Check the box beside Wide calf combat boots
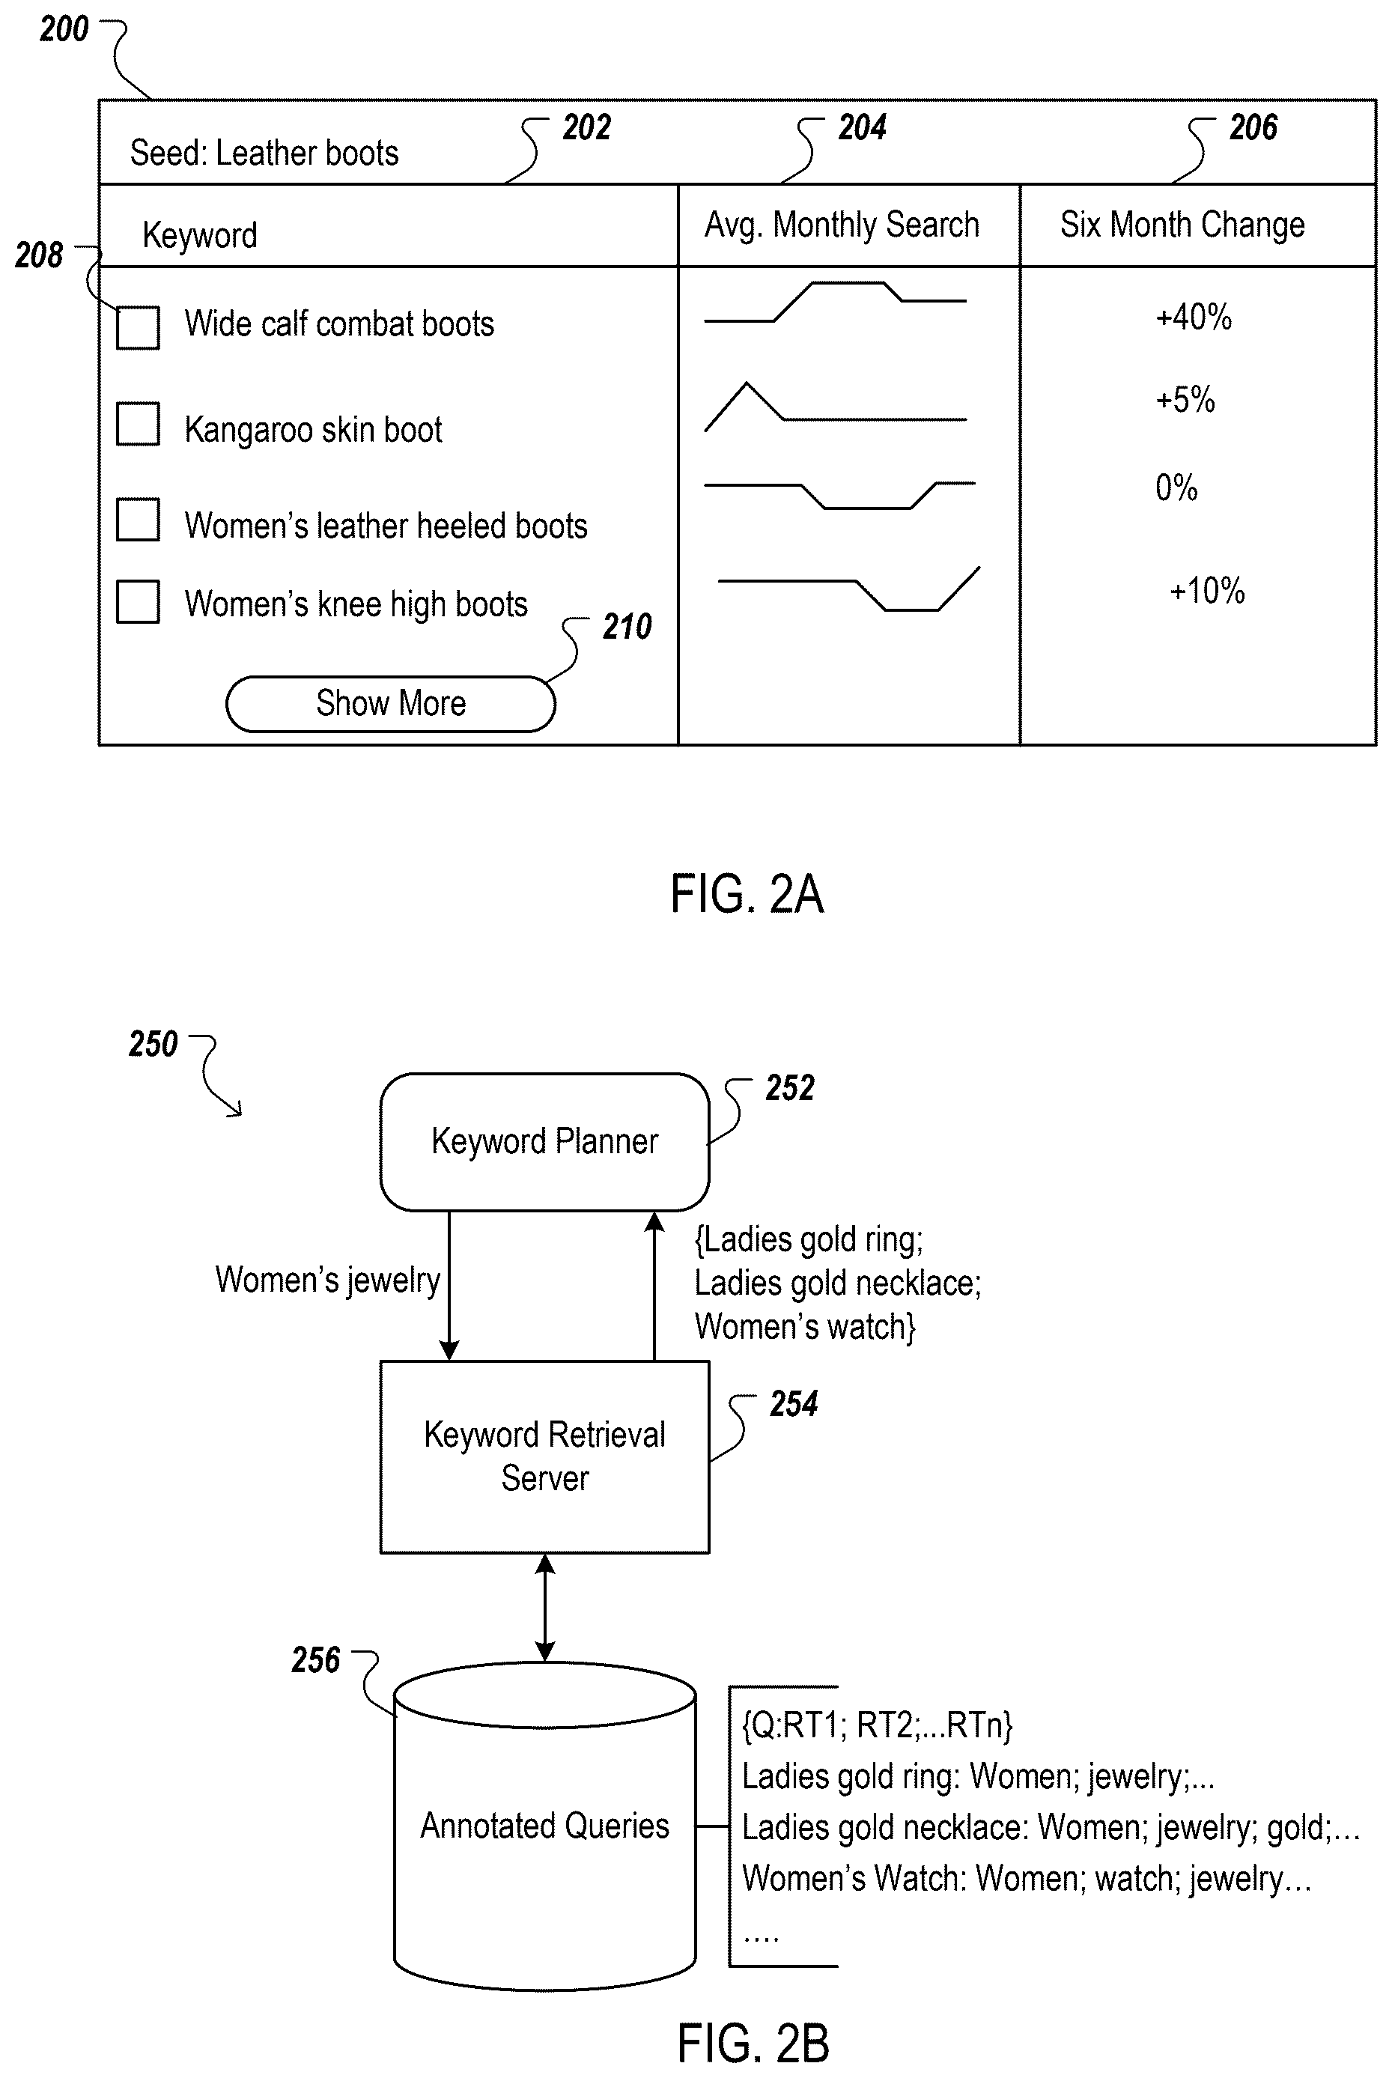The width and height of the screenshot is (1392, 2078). pyautogui.click(x=138, y=327)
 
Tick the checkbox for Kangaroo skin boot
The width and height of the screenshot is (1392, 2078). pyautogui.click(x=138, y=423)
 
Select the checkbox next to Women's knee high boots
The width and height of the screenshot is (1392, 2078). pyautogui.click(x=138, y=602)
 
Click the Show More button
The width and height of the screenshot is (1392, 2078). pyautogui.click(x=391, y=704)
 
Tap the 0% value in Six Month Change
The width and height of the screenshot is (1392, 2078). pyautogui.click(x=1176, y=487)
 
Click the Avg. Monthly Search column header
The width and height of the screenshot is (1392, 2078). pyautogui.click(x=842, y=225)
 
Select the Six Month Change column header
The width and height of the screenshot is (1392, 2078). pyautogui.click(x=1182, y=225)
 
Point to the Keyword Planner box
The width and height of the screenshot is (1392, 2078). pyautogui.click(x=544, y=1141)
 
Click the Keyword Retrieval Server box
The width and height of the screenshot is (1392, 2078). pyautogui.click(x=544, y=1456)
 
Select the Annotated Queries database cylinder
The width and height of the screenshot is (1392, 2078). pyautogui.click(x=544, y=1825)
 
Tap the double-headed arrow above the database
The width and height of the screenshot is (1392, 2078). pyautogui.click(x=545, y=1608)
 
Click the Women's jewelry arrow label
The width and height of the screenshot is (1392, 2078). pyautogui.click(x=327, y=1280)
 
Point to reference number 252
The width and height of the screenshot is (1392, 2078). pyautogui.click(x=790, y=1088)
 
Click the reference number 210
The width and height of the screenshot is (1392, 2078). pyautogui.click(x=627, y=627)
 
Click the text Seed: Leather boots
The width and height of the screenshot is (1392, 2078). pyautogui.click(x=264, y=153)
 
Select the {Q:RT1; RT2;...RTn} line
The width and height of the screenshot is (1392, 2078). pyautogui.click(x=877, y=1725)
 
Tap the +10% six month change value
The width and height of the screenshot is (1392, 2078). pyautogui.click(x=1207, y=590)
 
